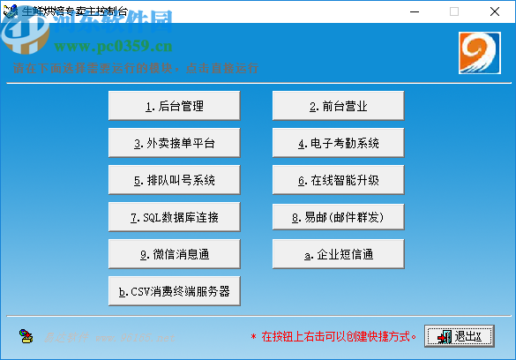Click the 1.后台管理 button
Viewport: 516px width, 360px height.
click(x=174, y=106)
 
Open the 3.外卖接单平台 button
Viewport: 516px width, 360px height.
click(x=174, y=143)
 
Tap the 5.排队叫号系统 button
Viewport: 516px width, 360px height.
click(x=174, y=180)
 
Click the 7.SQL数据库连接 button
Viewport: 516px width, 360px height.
click(x=174, y=216)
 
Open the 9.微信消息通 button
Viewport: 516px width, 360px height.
click(x=174, y=254)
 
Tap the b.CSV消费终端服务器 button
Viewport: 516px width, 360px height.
click(x=174, y=290)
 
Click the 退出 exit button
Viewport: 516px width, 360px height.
click(x=459, y=336)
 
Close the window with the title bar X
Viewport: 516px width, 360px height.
click(x=495, y=11)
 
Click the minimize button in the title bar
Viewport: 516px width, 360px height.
click(x=414, y=11)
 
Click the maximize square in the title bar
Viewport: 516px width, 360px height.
click(x=454, y=11)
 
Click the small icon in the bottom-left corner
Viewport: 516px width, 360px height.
click(x=26, y=336)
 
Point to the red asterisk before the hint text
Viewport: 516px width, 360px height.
click(x=254, y=337)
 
